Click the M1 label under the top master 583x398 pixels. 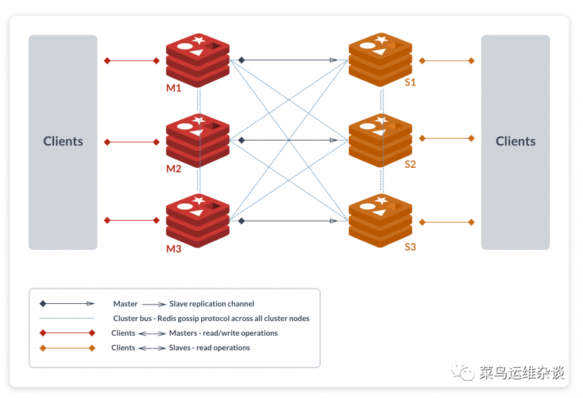point(174,89)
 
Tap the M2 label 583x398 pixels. point(174,169)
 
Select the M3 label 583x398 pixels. point(174,248)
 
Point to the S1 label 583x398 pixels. point(410,83)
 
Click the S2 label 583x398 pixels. point(410,164)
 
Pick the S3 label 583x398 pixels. point(410,247)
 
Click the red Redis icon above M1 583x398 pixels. point(198,60)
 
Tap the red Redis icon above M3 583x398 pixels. point(198,219)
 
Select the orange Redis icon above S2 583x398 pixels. point(380,139)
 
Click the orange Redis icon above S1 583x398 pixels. point(380,59)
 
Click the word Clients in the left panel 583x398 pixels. point(63,141)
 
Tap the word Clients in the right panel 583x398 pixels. point(515,141)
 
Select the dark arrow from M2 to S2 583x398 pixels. point(288,140)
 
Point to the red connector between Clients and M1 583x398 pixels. point(131,61)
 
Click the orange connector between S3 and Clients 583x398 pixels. point(446,222)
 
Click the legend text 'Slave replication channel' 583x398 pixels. point(212,304)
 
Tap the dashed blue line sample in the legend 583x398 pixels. point(67,318)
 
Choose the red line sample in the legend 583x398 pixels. point(67,333)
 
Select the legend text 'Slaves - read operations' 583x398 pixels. point(209,348)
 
